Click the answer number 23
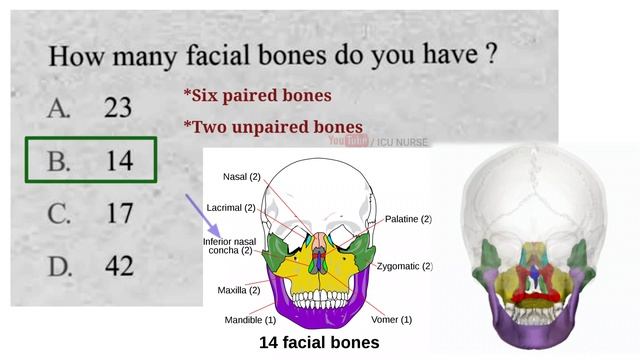pos(118,108)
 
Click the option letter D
pos(59,266)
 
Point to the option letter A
pos(59,108)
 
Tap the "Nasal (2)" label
pos(241,177)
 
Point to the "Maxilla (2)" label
pos(238,290)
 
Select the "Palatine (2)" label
pos(408,219)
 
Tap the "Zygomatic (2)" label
pos(404,266)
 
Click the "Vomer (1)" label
pos(391,320)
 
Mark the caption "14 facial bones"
pos(318,343)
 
